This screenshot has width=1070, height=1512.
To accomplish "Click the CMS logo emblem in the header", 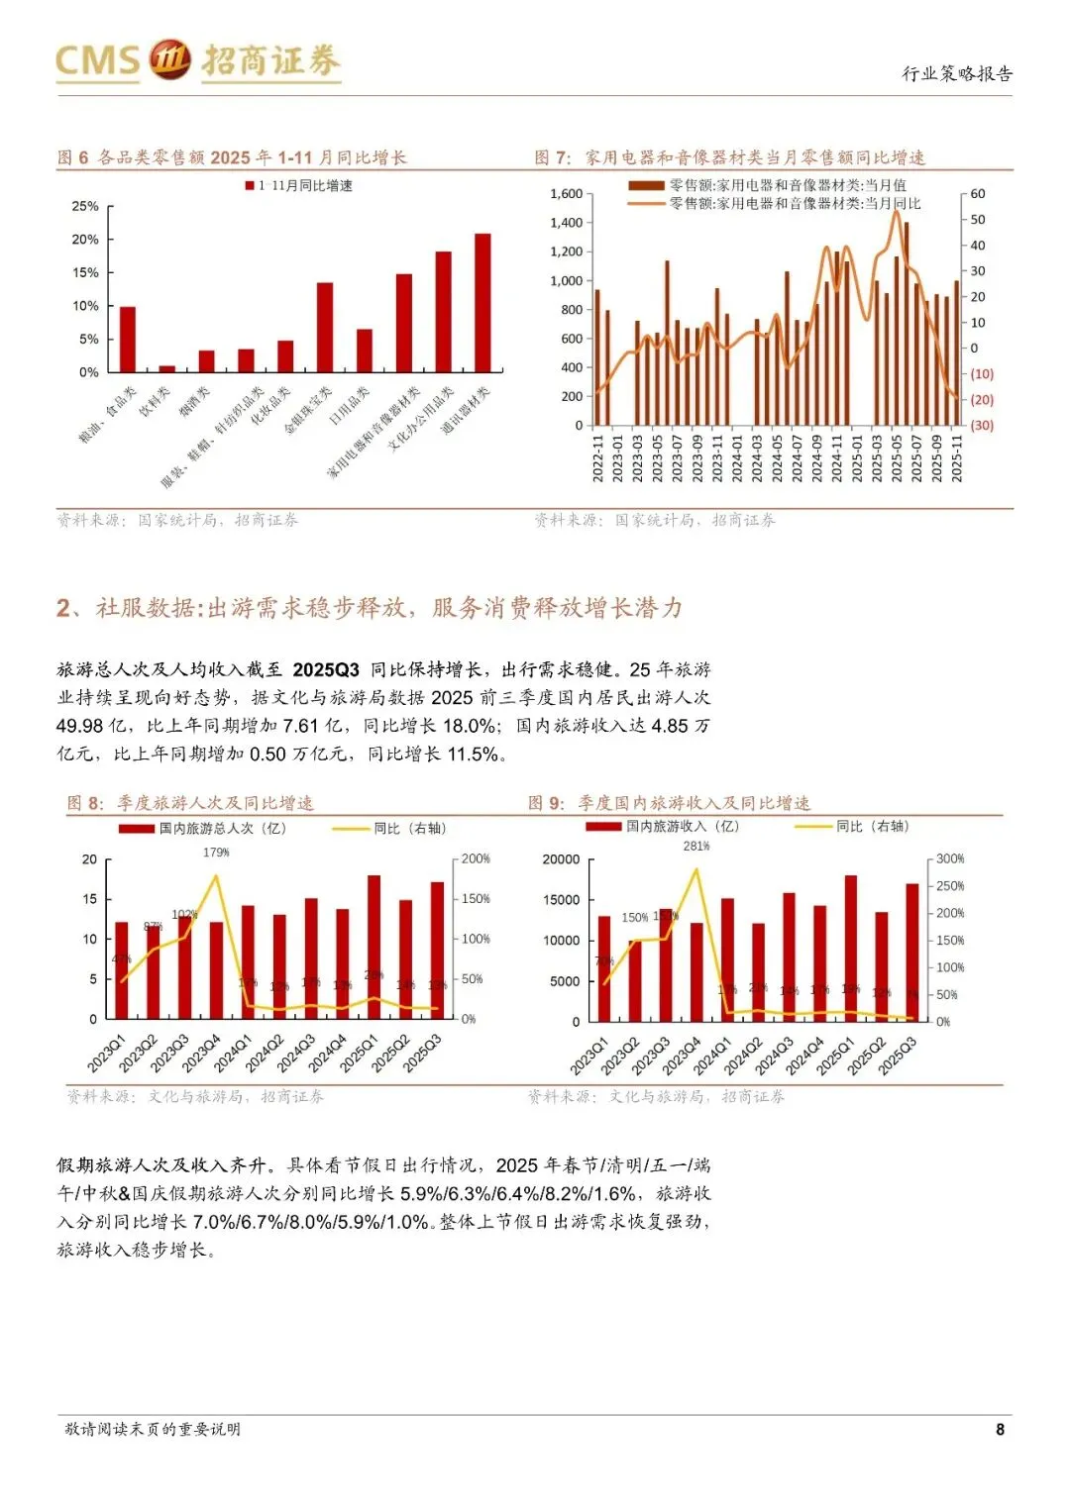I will [169, 59].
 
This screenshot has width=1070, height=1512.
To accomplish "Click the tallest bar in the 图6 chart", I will [482, 302].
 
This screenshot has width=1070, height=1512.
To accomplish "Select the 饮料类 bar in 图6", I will [166, 368].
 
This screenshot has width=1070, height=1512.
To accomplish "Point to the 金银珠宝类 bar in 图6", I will [324, 327].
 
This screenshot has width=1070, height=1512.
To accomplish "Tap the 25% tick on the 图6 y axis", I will [85, 206].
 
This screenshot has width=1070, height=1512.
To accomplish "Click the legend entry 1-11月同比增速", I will [299, 185].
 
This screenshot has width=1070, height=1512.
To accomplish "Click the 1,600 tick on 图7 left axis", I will [566, 194].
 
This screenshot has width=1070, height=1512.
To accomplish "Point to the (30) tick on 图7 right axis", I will [981, 425].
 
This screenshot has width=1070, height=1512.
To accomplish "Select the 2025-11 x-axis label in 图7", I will [957, 457].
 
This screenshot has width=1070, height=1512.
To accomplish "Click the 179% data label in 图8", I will [216, 852].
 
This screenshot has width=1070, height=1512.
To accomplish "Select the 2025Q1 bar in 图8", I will [374, 947].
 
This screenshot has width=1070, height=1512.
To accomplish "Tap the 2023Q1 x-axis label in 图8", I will [107, 1053].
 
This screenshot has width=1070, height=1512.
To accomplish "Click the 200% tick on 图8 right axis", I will [476, 858].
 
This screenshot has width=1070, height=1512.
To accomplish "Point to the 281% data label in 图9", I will [696, 846].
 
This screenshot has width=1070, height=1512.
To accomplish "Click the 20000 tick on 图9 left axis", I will [561, 859].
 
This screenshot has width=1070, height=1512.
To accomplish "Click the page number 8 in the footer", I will [1000, 1429].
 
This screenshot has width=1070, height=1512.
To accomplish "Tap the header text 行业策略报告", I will [956, 73].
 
